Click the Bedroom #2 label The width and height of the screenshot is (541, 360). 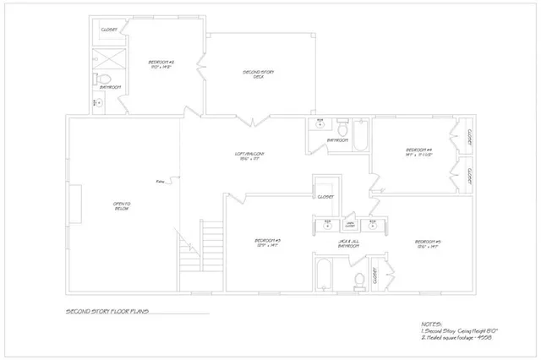point(161,63)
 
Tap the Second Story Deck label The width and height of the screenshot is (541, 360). point(259,74)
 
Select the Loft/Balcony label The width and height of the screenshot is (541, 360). point(250,155)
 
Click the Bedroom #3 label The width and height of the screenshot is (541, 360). point(267,243)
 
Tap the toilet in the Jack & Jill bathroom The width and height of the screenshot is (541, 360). point(358,279)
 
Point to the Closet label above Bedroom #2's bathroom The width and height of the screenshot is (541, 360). point(109,30)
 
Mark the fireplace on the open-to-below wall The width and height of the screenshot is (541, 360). point(75,205)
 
